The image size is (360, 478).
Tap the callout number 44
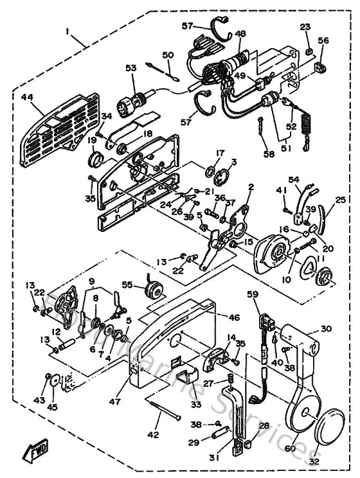(x=26, y=98)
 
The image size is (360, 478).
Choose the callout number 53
(x=131, y=68)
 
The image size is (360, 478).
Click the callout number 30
(x=326, y=329)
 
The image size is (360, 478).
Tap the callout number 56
(x=323, y=40)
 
